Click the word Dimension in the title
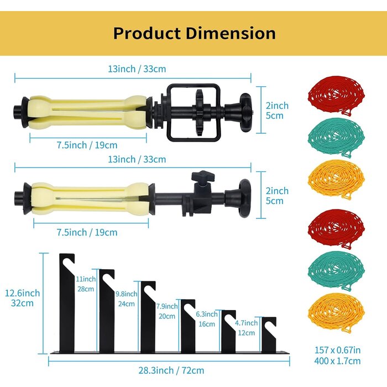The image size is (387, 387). [x=231, y=33]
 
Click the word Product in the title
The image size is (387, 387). [x=147, y=33]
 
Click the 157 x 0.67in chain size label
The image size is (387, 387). [x=337, y=350]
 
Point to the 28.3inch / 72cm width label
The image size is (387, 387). [x=171, y=370]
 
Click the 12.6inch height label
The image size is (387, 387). [x=22, y=293]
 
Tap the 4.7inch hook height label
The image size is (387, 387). [x=246, y=323]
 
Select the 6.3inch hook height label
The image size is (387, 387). [x=207, y=314]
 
